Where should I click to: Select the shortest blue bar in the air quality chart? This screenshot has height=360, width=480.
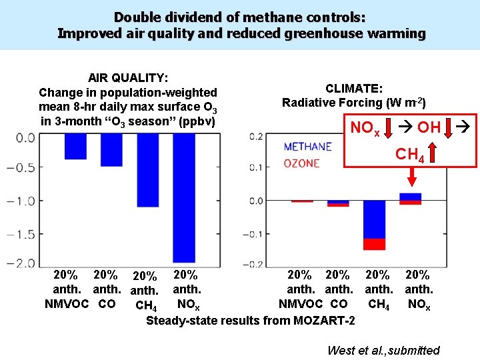tap(75, 146)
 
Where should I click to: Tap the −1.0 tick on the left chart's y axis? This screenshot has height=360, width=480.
tap(22, 201)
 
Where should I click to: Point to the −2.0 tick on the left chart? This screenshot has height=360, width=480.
tap(22, 263)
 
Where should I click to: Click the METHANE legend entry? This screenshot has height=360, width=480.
tap(307, 147)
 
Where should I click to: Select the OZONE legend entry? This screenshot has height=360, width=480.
tap(301, 163)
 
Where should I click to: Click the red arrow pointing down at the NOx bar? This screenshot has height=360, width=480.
tap(411, 177)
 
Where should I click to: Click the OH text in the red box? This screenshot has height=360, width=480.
tap(428, 127)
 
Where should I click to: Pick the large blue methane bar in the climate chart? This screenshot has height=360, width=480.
tap(374, 219)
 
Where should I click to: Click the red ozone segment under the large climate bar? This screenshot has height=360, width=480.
tap(374, 244)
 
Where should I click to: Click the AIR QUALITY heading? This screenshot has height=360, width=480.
tap(128, 78)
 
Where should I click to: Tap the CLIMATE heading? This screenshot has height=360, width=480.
tap(353, 88)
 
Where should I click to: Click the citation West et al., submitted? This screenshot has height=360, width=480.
tap(383, 350)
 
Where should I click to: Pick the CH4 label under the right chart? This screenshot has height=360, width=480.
tap(378, 304)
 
